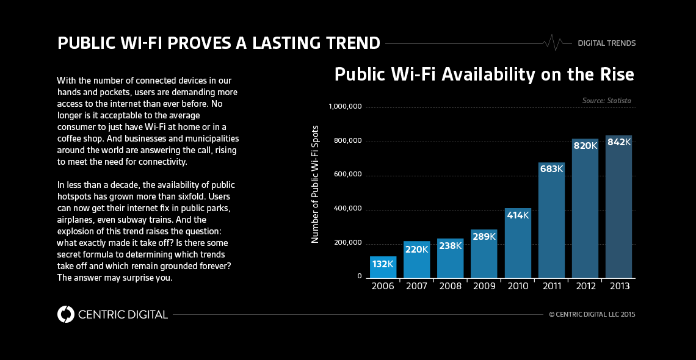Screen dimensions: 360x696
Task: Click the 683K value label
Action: [x=551, y=168]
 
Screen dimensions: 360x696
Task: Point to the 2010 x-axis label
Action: [x=517, y=286]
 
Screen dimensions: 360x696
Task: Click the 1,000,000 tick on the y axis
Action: [x=346, y=107]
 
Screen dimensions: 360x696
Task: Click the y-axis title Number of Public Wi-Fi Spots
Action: [x=316, y=184]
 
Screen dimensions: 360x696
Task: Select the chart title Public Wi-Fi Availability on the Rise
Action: [x=484, y=75]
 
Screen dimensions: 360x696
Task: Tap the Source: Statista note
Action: [x=606, y=100]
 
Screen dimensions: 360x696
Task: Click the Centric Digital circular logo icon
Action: [x=65, y=314]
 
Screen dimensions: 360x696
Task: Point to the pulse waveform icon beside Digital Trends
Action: [x=553, y=43]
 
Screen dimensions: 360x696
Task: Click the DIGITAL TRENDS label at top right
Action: [x=606, y=43]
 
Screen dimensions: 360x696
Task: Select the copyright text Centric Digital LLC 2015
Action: [x=592, y=314]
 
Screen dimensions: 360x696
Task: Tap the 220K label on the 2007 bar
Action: [x=416, y=249]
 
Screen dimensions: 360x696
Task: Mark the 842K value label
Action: [x=618, y=142]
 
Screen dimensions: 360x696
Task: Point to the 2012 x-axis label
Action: [x=585, y=286]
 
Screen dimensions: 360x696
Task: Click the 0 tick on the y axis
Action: [x=360, y=277]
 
